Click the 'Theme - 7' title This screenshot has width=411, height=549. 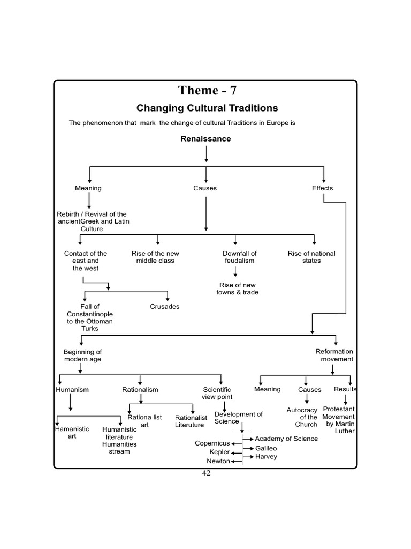click(x=206, y=91)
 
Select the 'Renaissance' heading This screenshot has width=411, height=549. click(x=205, y=139)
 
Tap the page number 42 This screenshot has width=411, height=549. click(x=206, y=473)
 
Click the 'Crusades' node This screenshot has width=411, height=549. click(x=165, y=307)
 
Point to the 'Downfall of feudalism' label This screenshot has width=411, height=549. click(x=240, y=257)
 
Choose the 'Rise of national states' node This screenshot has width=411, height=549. click(x=311, y=257)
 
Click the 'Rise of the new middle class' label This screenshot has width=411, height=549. click(x=155, y=257)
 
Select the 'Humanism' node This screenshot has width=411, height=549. click(x=72, y=390)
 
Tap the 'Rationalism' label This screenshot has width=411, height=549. click(x=140, y=390)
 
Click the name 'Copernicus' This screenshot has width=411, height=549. click(x=212, y=443)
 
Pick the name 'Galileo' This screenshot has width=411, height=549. click(x=266, y=448)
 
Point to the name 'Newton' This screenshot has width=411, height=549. click(x=218, y=461)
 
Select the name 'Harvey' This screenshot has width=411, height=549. click(x=266, y=457)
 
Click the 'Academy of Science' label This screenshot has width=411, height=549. click(x=286, y=439)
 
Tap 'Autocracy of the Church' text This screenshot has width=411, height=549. click(x=302, y=417)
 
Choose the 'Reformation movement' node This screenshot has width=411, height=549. click(x=334, y=355)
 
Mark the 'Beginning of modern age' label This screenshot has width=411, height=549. click(x=82, y=355)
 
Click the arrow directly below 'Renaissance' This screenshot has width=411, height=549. click(x=206, y=153)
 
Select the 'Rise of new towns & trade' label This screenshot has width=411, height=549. click(x=239, y=288)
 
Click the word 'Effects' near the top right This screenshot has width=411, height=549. click(x=322, y=188)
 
